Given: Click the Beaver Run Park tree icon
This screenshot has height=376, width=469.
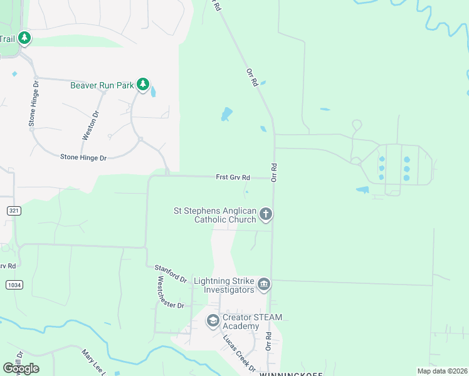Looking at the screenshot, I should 144,84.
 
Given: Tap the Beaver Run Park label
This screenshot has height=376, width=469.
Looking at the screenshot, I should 102,85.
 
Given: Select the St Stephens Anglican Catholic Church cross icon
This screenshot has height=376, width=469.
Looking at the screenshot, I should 266,215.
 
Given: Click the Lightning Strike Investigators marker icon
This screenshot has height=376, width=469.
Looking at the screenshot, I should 264,285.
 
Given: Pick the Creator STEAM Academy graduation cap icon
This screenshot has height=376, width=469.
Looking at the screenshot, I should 213,321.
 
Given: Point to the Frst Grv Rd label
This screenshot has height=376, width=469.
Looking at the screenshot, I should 233,177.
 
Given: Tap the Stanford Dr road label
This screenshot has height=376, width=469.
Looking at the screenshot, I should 171,273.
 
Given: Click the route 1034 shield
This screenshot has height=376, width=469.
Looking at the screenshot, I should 14,285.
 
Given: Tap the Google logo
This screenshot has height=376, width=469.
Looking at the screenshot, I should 21,368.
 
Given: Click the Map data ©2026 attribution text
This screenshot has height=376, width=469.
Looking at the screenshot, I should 441,371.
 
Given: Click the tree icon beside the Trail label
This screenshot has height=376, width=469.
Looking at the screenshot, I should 24,39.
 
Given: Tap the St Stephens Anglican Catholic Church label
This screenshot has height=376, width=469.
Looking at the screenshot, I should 215,215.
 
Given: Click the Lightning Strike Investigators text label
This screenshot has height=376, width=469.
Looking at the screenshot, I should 224,285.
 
